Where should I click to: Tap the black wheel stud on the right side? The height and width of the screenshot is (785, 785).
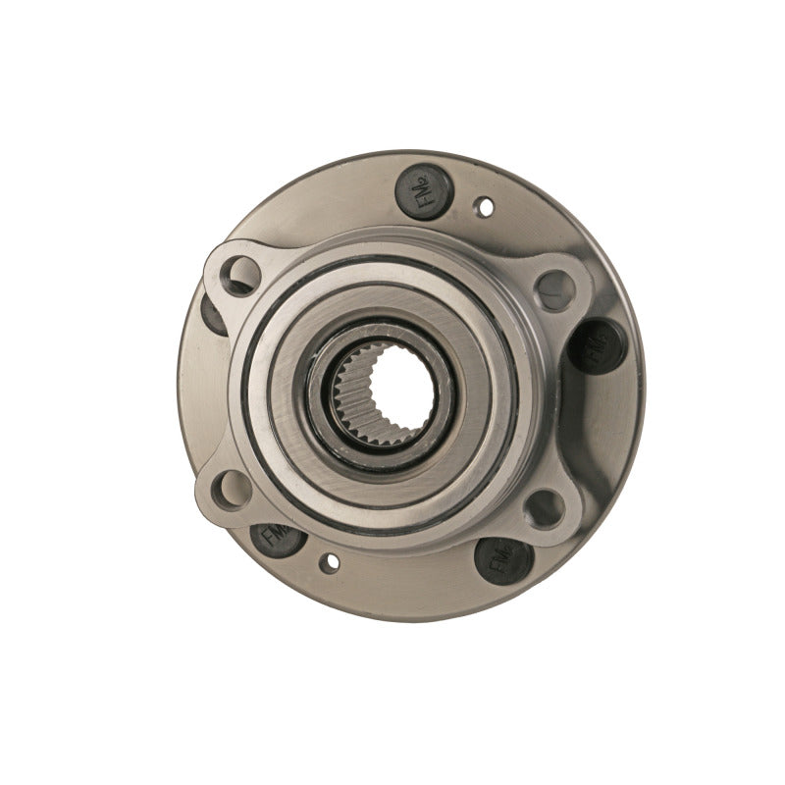pos(593,345)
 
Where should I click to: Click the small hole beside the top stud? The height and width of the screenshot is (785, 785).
pos(482,208)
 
